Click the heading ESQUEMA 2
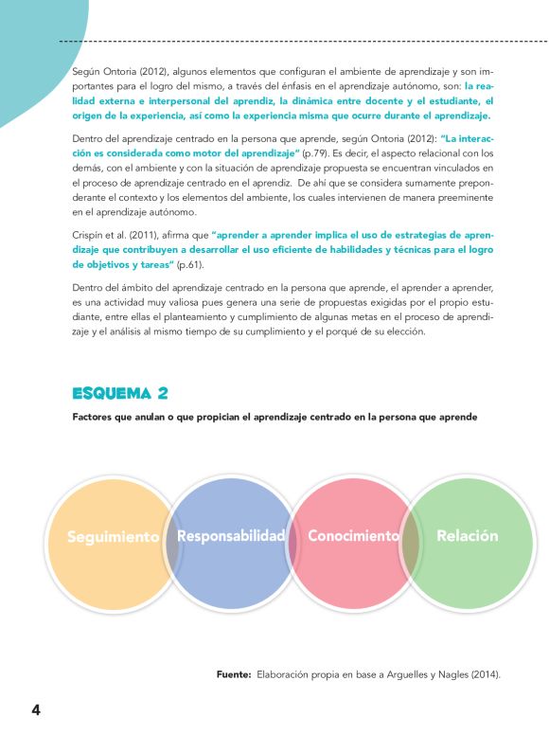pos(120,393)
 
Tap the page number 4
pos(36,710)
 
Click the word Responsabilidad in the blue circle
pos(231,536)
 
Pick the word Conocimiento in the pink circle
pos(353,536)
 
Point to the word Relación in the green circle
pos(467,536)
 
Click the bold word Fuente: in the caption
pos(233,674)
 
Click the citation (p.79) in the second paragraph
pos(316,152)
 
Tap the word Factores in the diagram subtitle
pos(96,417)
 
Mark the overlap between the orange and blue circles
pos(172,543)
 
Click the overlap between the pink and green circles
pos(410,543)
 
